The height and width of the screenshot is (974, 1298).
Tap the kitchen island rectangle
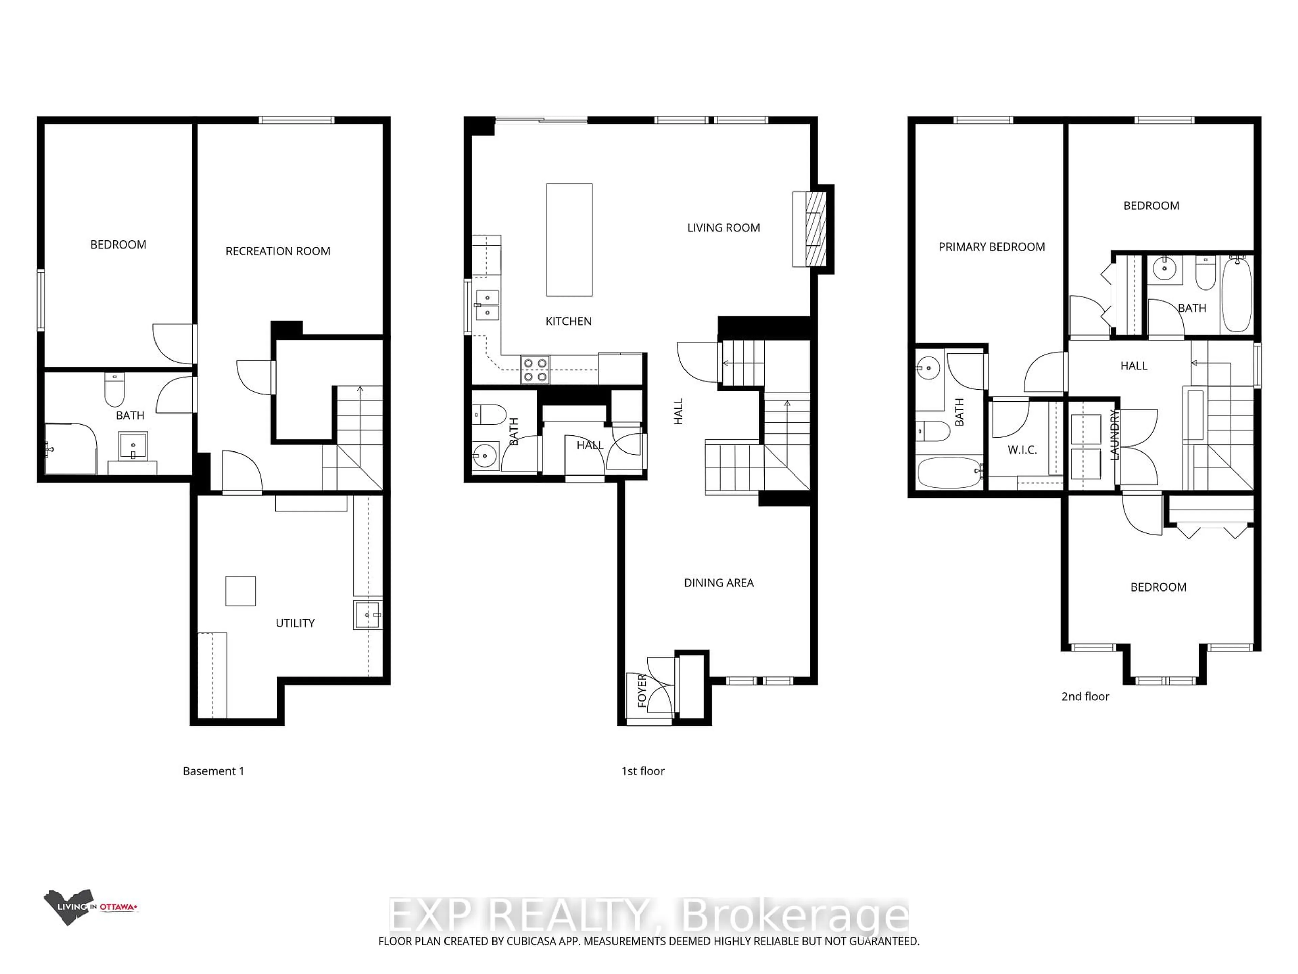569,239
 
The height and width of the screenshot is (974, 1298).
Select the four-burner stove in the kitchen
534,370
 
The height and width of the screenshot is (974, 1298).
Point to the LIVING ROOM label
723,228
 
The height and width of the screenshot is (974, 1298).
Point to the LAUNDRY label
1114,435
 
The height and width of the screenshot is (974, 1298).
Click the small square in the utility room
241,590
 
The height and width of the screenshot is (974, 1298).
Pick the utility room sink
368,615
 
